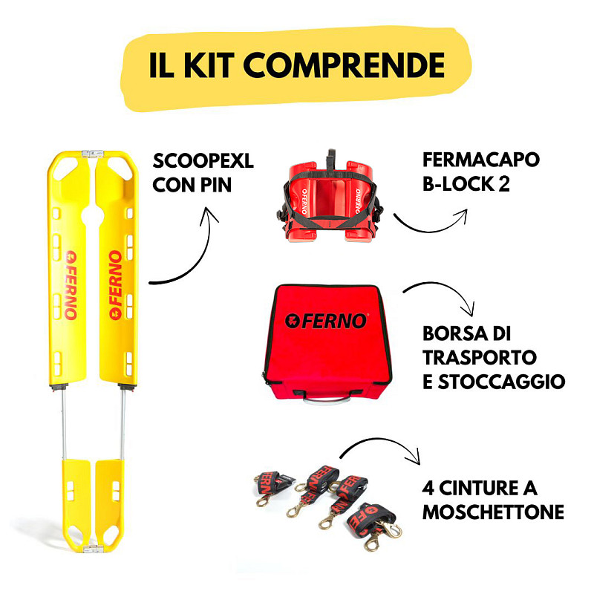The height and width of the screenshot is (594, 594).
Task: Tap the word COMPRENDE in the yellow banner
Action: [x=344, y=65]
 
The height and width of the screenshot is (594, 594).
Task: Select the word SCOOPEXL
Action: [x=203, y=161]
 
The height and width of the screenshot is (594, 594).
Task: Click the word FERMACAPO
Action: [x=480, y=160]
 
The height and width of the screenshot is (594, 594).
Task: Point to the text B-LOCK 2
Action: [x=466, y=183]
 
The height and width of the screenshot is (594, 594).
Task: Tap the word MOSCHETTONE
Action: [x=493, y=512]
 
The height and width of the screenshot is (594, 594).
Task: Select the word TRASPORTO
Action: [x=480, y=358]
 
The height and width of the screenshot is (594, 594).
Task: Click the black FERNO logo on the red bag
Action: [x=327, y=322]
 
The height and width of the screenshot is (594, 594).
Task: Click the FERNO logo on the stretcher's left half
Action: [x=71, y=285]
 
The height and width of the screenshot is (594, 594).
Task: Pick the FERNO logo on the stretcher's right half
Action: [x=116, y=285]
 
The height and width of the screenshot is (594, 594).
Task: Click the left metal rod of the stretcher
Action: [x=64, y=423]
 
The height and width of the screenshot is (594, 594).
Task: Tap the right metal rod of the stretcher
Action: [x=123, y=423]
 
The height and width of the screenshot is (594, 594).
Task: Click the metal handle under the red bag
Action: [x=327, y=399]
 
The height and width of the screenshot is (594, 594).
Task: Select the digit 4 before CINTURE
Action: [x=428, y=489]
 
